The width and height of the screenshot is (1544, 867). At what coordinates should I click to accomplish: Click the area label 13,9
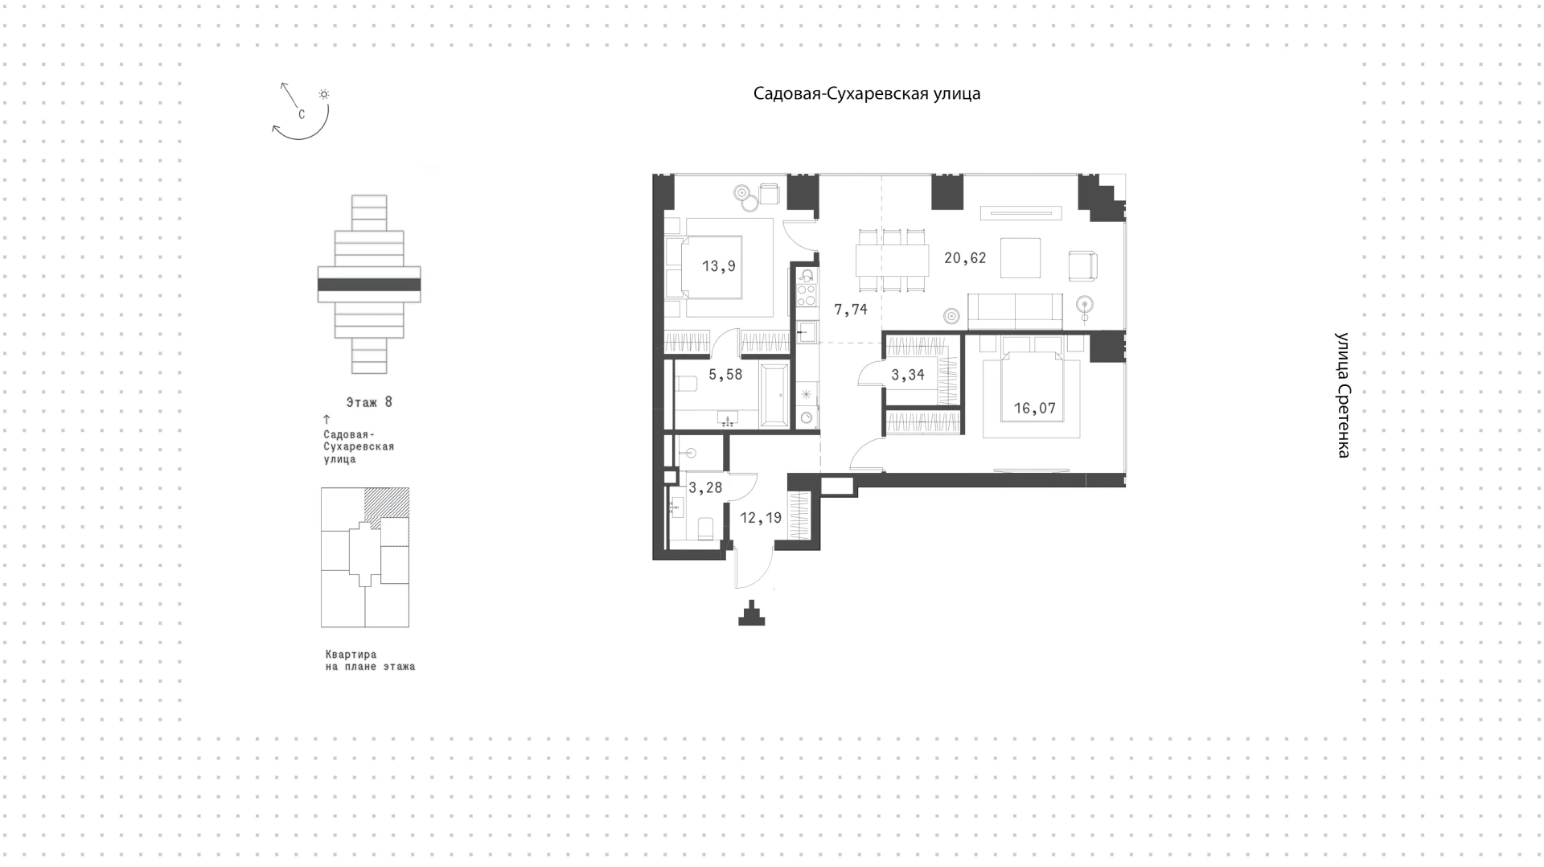point(718,266)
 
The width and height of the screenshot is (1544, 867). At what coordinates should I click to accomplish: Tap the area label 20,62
point(965,258)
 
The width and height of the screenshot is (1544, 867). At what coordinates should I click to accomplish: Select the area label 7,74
point(851,309)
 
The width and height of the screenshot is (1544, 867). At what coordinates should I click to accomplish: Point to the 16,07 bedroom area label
point(1034,409)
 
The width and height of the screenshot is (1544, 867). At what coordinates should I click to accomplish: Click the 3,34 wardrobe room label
point(908,375)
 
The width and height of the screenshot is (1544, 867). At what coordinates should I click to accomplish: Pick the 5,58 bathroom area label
point(725,375)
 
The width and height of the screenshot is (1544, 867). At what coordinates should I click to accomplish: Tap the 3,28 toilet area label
point(705,488)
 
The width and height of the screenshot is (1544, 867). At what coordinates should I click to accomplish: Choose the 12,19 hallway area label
point(761,518)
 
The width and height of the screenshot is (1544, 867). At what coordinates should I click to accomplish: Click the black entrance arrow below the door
point(752,614)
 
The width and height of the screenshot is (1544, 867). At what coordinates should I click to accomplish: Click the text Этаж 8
point(369,402)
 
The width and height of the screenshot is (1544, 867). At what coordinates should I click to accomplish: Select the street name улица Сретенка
point(1342,395)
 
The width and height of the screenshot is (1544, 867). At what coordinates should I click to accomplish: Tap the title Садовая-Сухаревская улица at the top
point(867,94)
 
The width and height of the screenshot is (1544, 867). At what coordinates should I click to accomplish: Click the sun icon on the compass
point(324,94)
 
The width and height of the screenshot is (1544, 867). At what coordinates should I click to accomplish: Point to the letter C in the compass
point(302,115)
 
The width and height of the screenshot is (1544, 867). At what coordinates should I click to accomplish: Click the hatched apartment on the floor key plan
point(387,503)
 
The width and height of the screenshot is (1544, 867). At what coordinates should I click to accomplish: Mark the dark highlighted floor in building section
point(369,285)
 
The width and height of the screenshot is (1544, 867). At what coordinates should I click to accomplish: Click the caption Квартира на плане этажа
point(370,660)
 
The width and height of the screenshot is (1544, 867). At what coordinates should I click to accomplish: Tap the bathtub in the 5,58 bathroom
point(775,396)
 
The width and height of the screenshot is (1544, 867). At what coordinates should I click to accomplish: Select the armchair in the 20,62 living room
point(1082,265)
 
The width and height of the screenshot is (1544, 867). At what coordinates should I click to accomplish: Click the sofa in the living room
point(1015,311)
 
